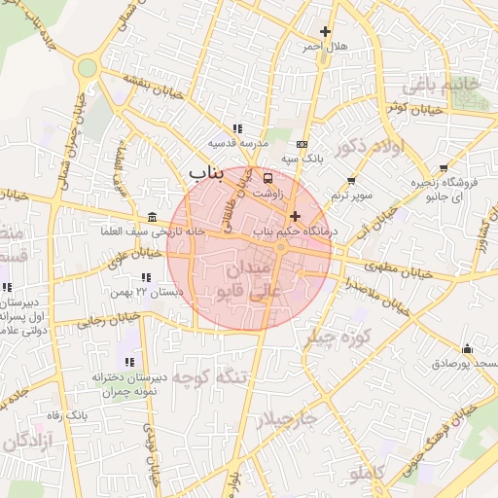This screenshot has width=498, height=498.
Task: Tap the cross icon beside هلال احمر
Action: (325, 32)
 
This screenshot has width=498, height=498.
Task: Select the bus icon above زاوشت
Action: (268, 177)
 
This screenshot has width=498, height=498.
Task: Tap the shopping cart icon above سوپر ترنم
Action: (351, 181)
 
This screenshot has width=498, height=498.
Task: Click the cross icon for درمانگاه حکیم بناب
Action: (295, 215)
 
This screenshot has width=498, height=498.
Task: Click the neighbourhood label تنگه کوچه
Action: (207, 379)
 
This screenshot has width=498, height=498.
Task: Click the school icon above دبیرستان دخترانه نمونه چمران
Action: (129, 362)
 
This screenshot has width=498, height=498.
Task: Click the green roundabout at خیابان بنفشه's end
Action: (88, 68)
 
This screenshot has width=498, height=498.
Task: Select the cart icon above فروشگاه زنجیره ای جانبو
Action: (444, 168)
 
